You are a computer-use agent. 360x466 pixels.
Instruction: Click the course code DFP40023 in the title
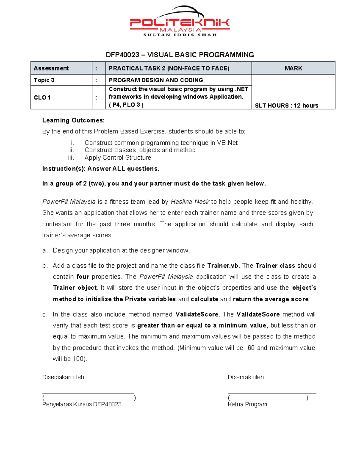(122, 55)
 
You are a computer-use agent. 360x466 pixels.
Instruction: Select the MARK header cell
(293, 68)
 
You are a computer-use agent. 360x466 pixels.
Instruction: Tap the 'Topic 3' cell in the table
(44, 80)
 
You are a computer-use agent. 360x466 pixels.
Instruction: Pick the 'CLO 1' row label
(42, 98)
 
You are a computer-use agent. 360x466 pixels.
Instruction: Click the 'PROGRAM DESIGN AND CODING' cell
(156, 80)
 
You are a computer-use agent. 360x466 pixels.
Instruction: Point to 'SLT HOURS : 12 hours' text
(286, 106)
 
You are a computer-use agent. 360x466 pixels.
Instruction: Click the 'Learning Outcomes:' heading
(73, 120)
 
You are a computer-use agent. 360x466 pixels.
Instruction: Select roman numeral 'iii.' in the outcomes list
(71, 158)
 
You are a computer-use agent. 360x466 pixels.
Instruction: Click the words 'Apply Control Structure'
(118, 158)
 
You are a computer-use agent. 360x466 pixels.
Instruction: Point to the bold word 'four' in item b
(83, 277)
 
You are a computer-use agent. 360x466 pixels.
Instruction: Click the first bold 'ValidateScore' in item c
(197, 314)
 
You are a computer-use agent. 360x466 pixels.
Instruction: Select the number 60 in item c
(251, 348)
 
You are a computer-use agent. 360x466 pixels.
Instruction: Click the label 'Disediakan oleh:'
(64, 377)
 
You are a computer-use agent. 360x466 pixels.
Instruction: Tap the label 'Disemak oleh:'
(246, 377)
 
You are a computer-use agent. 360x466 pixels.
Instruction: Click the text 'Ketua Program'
(247, 404)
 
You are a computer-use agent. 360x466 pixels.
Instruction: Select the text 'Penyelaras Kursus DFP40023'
(82, 404)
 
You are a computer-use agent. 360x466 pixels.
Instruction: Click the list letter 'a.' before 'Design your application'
(45, 251)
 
